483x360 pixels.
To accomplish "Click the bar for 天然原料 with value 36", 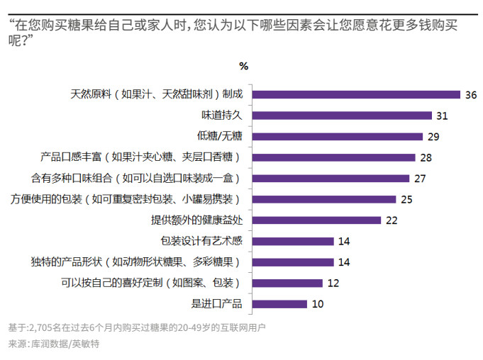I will point(357,94).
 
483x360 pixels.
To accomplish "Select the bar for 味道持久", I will point(343,116).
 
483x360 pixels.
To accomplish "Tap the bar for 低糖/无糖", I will point(338,136).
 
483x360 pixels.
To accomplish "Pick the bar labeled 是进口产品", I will point(279,304).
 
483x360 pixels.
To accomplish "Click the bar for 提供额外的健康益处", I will point(316,220).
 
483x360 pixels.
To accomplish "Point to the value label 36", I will point(472,94).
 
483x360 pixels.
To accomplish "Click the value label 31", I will point(443,116).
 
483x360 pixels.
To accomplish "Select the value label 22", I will point(392,220).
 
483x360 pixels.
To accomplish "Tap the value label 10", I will point(318,304).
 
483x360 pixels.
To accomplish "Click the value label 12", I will point(333,283).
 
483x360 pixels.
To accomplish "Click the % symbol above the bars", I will point(243,66).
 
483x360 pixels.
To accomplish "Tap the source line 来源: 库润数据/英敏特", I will point(54,344).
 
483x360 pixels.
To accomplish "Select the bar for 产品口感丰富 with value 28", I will point(333,157).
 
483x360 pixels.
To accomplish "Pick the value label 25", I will point(406,199).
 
